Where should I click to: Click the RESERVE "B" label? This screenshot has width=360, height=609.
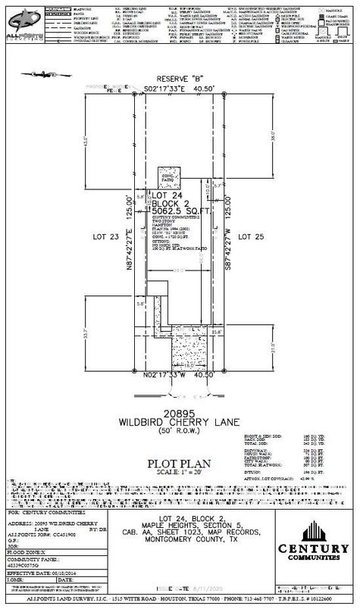pyautogui.click(x=179, y=79)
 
